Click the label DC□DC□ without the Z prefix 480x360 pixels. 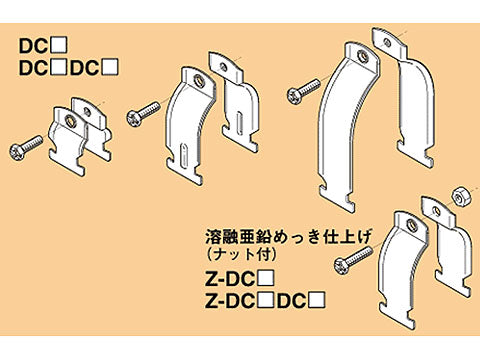click(x=71, y=67)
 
